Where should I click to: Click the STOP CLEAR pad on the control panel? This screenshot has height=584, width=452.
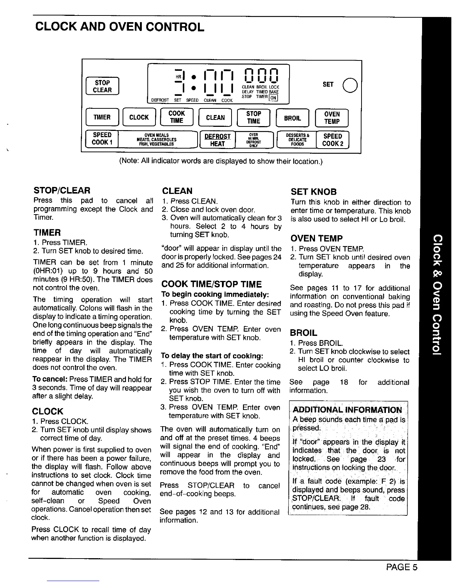click(x=102, y=87)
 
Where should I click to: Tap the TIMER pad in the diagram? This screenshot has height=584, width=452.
click(x=102, y=118)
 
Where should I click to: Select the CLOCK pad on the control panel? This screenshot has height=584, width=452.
click(x=139, y=118)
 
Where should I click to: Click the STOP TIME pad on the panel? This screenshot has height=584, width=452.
click(x=253, y=118)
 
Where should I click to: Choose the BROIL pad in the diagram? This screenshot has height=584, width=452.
click(x=292, y=118)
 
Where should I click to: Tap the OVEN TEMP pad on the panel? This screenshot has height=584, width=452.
click(x=332, y=118)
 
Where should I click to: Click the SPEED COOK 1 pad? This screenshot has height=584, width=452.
click(x=102, y=139)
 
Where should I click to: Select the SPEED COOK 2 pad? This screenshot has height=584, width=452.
click(x=332, y=140)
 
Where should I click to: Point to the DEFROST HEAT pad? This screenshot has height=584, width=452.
click(x=217, y=140)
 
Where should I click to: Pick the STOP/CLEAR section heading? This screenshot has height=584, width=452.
click(x=62, y=191)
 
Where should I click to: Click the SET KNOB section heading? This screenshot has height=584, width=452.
click(x=314, y=192)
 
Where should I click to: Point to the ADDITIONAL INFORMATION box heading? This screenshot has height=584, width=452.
click(x=347, y=410)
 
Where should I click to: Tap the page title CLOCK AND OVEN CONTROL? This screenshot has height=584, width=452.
click(x=119, y=27)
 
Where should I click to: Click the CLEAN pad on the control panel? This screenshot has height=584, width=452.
click(x=215, y=118)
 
